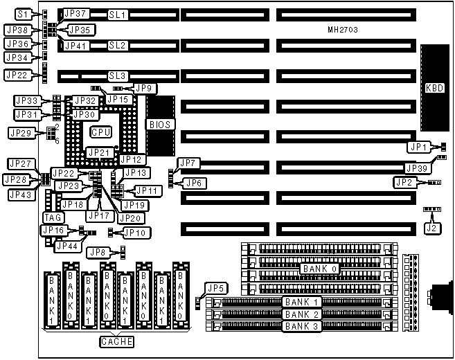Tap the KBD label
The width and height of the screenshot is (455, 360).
[435, 89]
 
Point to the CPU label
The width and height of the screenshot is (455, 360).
[101, 130]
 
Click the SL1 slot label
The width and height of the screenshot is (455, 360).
[118, 14]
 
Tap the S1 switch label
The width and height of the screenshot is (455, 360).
[24, 14]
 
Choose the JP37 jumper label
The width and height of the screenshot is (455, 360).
[75, 14]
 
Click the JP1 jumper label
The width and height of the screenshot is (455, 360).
[416, 147]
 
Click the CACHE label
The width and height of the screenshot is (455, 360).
[115, 341]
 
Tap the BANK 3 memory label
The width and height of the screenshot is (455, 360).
[302, 326]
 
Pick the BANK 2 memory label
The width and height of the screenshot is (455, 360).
[302, 314]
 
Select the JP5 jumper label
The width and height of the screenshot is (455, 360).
[217, 289]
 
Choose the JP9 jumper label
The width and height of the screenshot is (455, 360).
[145, 88]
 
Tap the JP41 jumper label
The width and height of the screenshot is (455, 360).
[75, 46]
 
